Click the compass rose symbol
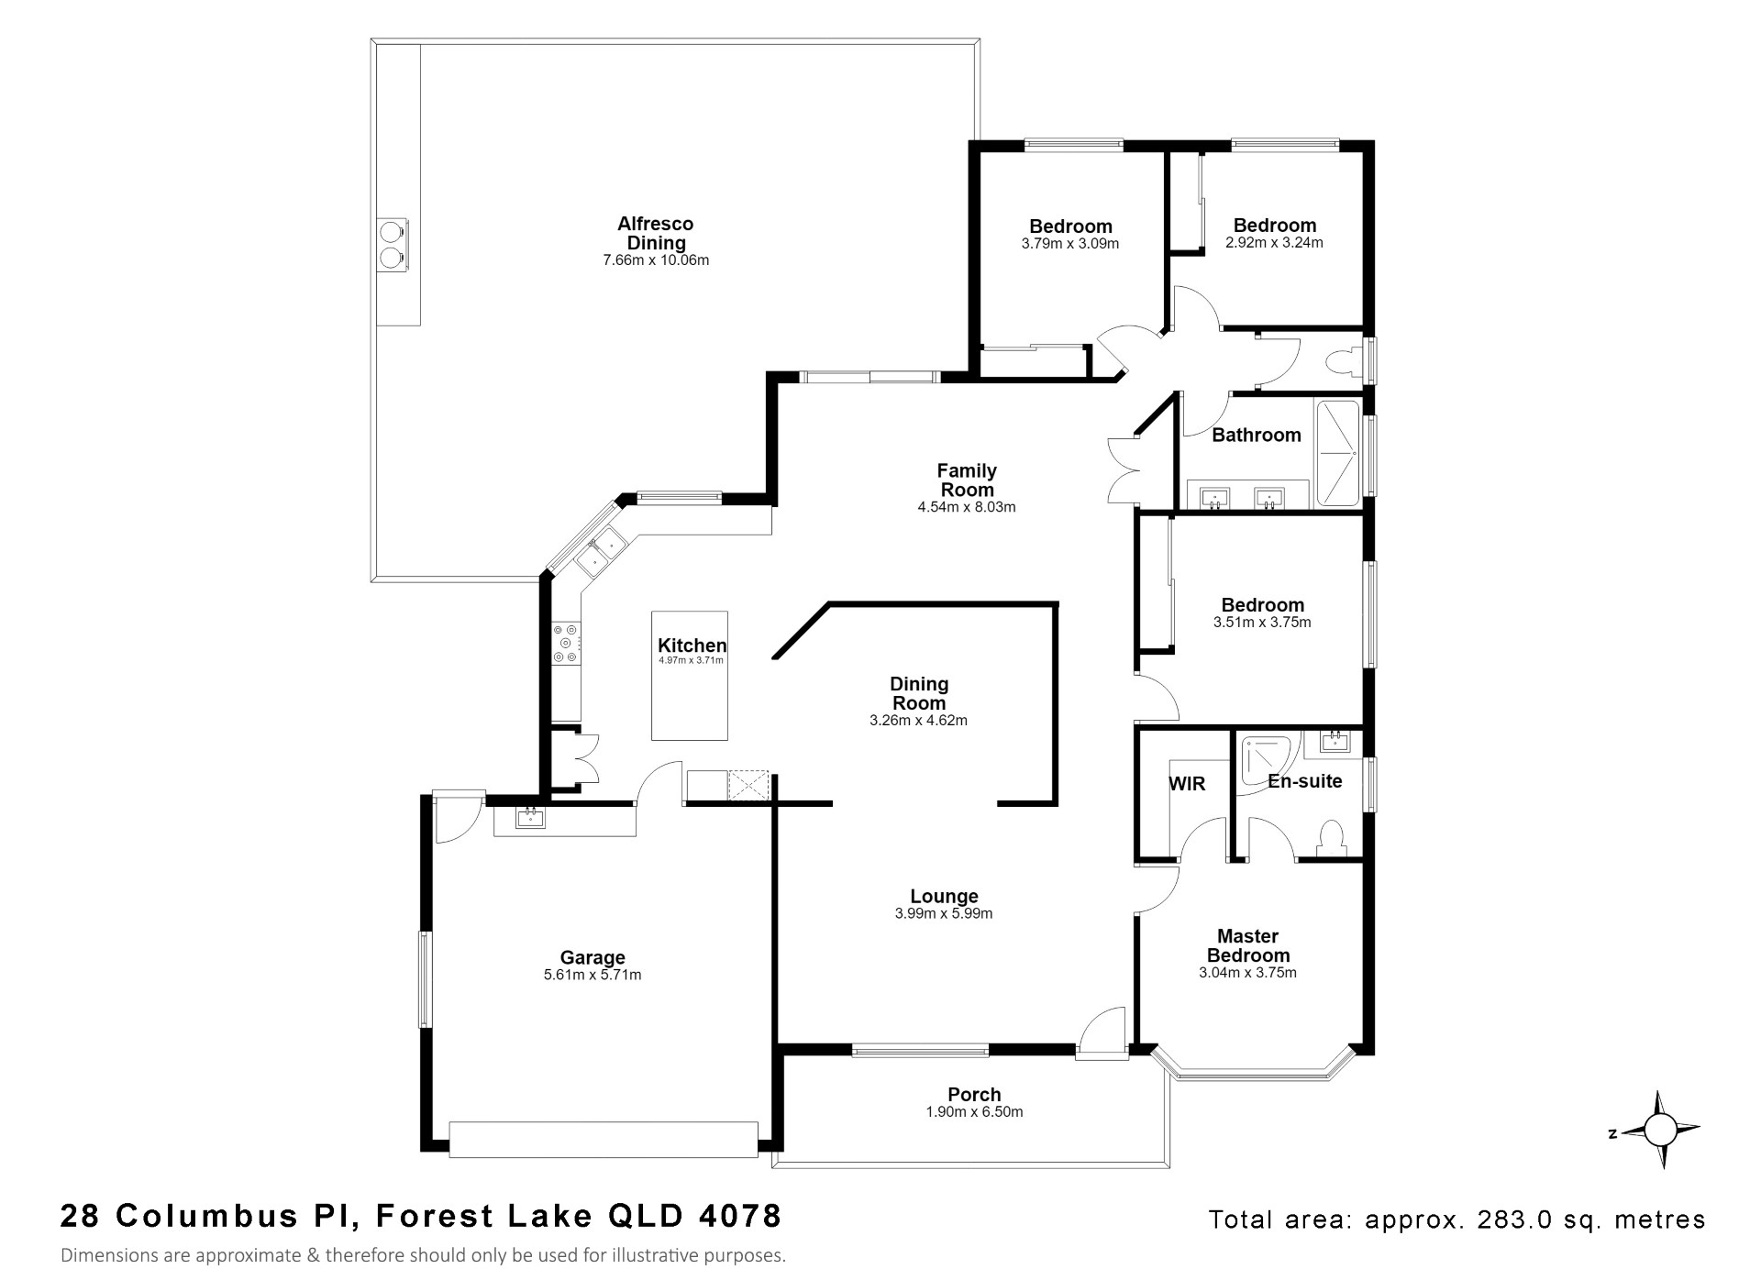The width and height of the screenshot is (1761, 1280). pyautogui.click(x=1658, y=1130)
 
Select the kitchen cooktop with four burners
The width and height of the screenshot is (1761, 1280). pyautogui.click(x=565, y=644)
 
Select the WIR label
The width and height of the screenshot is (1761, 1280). pyautogui.click(x=1187, y=784)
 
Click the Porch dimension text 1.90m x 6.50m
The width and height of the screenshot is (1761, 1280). pyautogui.click(x=974, y=1112)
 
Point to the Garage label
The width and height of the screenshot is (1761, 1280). pyautogui.click(x=593, y=958)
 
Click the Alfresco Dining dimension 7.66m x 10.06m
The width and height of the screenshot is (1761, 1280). pyautogui.click(x=656, y=260)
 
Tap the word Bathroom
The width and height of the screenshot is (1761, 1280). pyautogui.click(x=1257, y=435)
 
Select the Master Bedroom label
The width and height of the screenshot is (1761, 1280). pyautogui.click(x=1248, y=945)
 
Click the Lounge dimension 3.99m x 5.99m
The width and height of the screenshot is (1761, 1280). pyautogui.click(x=944, y=913)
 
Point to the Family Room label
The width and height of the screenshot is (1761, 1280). pyautogui.click(x=967, y=480)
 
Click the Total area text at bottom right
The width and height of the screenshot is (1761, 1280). pyautogui.click(x=1457, y=1219)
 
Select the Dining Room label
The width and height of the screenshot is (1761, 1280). pyautogui.click(x=919, y=693)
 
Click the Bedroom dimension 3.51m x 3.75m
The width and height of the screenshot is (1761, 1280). pyautogui.click(x=1262, y=623)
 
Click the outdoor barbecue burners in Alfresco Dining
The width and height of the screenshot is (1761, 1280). pyautogui.click(x=393, y=245)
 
